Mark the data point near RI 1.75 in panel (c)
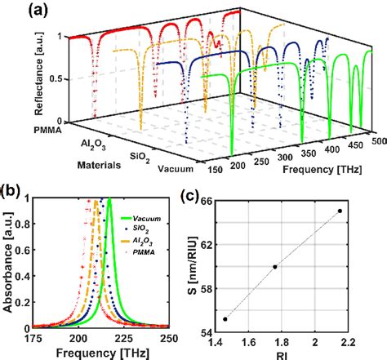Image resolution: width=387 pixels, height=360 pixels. pyautogui.click(x=275, y=266)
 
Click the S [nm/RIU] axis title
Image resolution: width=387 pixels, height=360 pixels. pyautogui.click(x=192, y=262)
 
